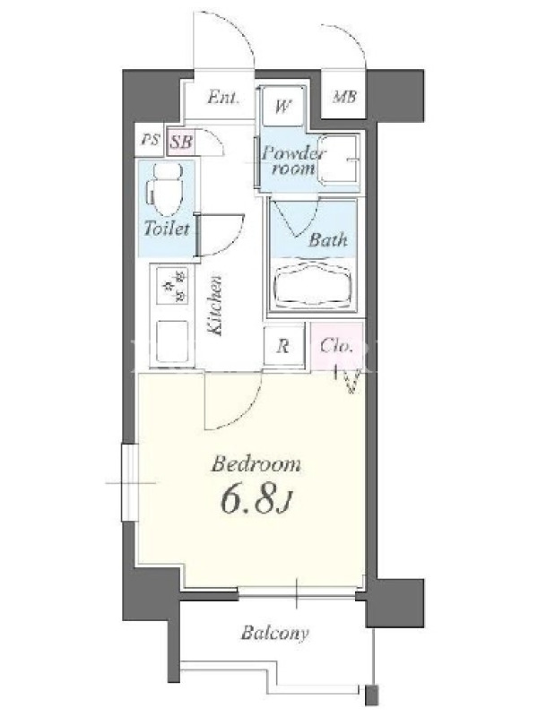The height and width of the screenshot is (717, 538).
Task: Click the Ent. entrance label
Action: coord(222,98)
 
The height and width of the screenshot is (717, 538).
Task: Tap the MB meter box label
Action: coord(344,97)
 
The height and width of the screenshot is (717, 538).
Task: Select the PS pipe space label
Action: coord(150,140)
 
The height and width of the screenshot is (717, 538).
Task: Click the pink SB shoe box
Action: coord(181,142)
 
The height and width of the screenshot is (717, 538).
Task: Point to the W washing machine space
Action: coord(283,106)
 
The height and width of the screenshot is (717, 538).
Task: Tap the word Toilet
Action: coord(167,229)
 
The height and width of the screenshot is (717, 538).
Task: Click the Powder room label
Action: coord(293,160)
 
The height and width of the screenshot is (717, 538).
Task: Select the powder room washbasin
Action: coord(338,160)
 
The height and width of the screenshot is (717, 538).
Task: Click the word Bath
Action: coord(327,239)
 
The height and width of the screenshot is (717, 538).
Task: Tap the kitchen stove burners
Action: coord(172,286)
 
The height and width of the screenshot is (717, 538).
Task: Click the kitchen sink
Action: coord(172,341)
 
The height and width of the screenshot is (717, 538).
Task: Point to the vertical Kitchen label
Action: coord(215,306)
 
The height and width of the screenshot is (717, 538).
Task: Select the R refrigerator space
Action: coord(283,346)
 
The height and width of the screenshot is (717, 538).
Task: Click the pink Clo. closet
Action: coord(337,346)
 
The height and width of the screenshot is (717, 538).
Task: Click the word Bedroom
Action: coord(256,464)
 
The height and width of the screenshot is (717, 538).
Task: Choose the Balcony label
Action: coord(275,634)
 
